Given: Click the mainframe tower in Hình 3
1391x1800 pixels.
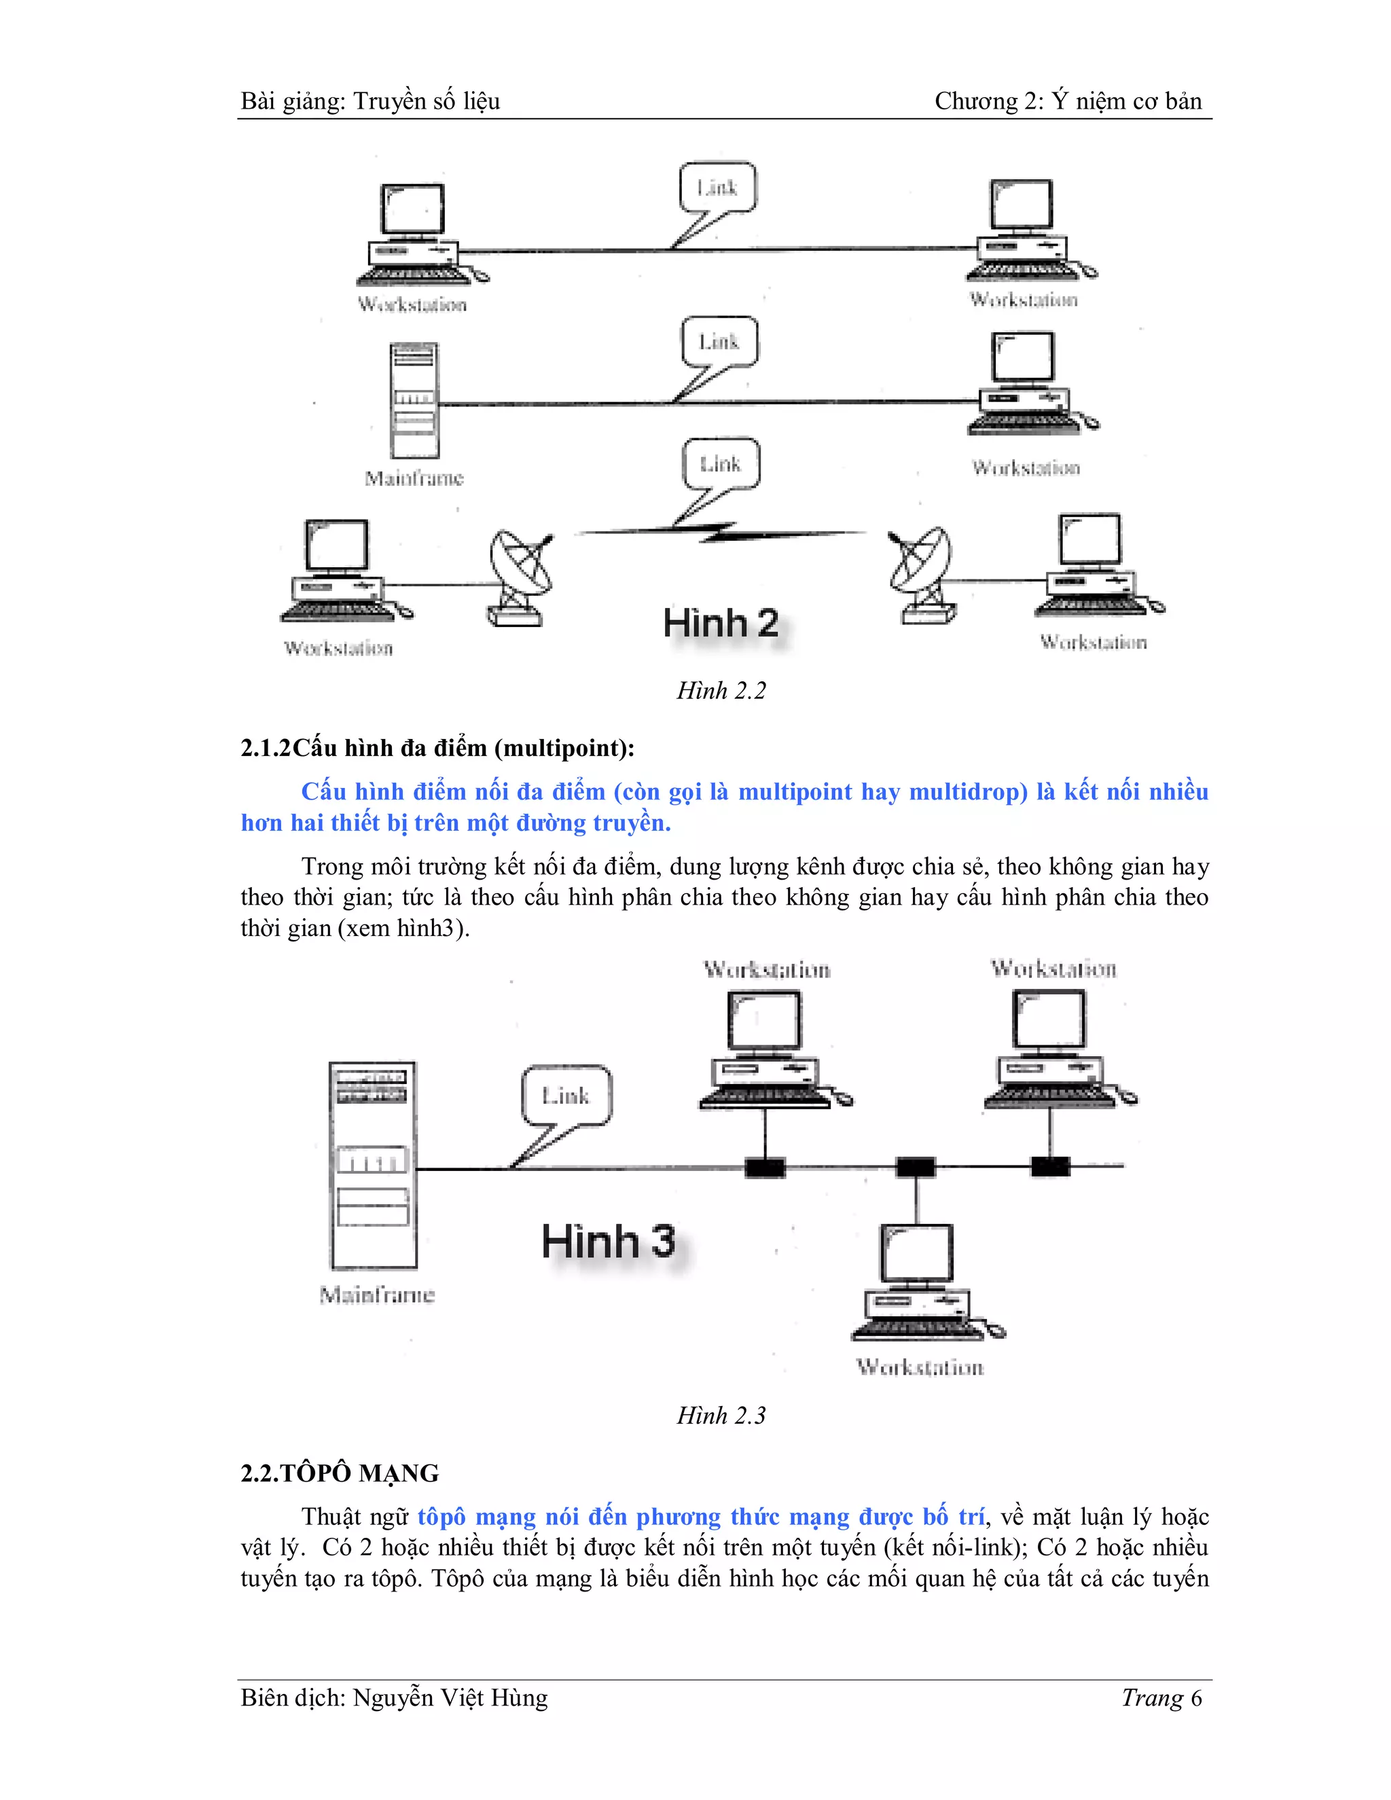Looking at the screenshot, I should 372,1166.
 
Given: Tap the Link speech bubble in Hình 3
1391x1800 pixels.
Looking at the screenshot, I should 567,1096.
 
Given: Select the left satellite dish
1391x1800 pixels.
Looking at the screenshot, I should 519,575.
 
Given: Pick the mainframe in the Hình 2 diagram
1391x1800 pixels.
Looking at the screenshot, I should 414,401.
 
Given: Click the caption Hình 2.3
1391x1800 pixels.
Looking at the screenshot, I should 721,1415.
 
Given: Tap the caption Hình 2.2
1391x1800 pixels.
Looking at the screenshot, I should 721,691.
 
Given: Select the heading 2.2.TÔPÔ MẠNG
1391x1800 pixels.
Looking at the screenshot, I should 340,1473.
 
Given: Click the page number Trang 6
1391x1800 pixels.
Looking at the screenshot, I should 1161,1699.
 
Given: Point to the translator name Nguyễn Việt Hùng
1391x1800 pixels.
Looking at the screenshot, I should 450,1699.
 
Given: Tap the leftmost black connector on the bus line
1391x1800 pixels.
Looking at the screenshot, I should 765,1167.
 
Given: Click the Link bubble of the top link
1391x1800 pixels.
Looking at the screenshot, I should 718,188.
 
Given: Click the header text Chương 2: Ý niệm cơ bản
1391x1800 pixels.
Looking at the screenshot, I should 1068,101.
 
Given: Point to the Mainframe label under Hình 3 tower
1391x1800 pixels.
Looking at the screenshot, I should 376,1295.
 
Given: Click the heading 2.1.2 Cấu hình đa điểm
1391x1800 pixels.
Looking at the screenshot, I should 437,749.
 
